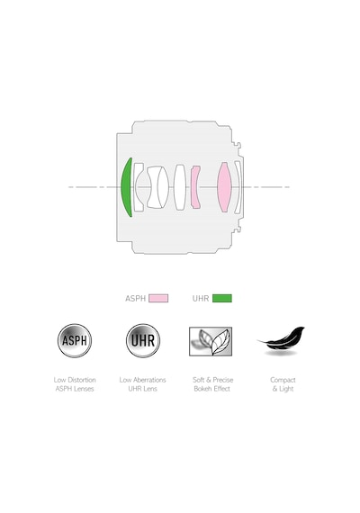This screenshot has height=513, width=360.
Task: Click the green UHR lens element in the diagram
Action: (125, 187)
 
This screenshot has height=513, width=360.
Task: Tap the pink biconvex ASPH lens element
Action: (224, 187)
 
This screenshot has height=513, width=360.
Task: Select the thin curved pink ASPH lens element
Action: (195, 187)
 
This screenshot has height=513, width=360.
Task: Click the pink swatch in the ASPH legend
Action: (158, 298)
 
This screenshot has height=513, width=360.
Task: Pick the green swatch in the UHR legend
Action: (222, 298)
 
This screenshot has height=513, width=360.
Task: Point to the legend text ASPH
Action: (135, 299)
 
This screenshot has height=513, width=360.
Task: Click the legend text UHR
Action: (201, 299)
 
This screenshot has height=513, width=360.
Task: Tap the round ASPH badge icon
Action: (75, 340)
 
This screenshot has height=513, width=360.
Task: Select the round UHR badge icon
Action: (143, 340)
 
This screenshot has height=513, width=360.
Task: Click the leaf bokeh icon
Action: (211, 341)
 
